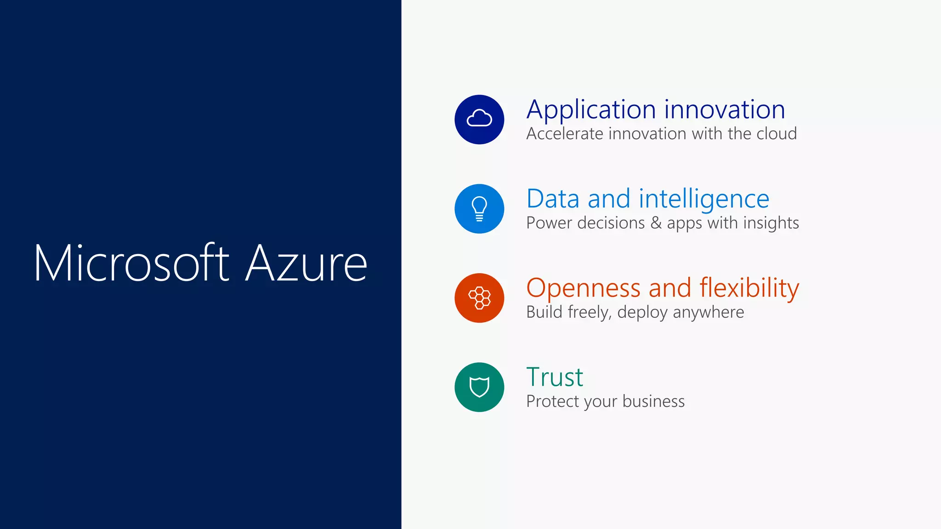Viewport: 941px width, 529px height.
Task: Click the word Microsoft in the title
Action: coord(131,263)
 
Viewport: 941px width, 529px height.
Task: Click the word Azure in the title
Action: coord(306,263)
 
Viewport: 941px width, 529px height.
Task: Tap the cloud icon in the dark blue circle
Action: coord(479,119)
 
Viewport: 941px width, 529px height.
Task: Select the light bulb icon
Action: coord(479,208)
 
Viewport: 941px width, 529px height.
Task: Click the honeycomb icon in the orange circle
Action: coord(479,298)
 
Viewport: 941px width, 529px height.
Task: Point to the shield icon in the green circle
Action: coord(479,387)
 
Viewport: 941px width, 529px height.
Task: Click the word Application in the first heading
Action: coord(591,110)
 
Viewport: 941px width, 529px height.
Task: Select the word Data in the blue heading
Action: coord(553,199)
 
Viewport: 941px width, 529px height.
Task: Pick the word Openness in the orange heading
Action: coord(583,288)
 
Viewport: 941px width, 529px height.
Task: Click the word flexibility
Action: coord(749,288)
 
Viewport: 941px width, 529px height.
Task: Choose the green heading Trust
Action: coord(555,377)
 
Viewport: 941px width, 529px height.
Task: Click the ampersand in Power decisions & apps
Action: coord(656,223)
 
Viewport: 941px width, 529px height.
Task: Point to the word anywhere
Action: coord(708,312)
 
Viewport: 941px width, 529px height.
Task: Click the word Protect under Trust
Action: coord(552,401)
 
